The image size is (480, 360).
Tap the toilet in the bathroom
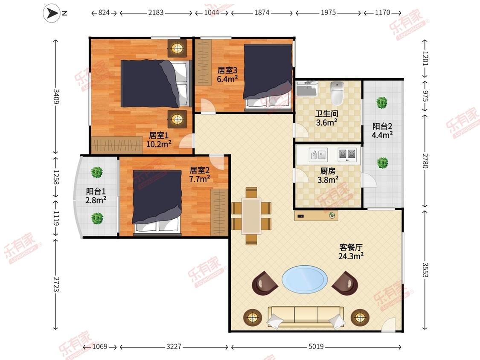click(x=337, y=93)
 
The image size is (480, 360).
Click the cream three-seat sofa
click(x=306, y=317)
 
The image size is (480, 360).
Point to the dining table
click(x=251, y=216)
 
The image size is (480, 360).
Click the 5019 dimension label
click(x=316, y=346)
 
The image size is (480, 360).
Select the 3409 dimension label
click(x=56, y=96)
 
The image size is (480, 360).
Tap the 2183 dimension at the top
click(x=156, y=12)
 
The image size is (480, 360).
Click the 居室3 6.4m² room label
click(x=227, y=75)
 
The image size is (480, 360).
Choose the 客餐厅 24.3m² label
click(x=351, y=251)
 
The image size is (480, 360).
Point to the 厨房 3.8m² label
click(x=328, y=175)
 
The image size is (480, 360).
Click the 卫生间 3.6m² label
click(x=327, y=118)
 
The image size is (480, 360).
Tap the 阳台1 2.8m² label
click(x=96, y=196)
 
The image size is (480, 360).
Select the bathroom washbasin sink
click(x=306, y=88)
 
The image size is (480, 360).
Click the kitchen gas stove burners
click(x=347, y=154)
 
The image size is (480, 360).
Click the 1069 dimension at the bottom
click(x=100, y=346)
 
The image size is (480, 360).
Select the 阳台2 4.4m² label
click(x=382, y=131)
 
